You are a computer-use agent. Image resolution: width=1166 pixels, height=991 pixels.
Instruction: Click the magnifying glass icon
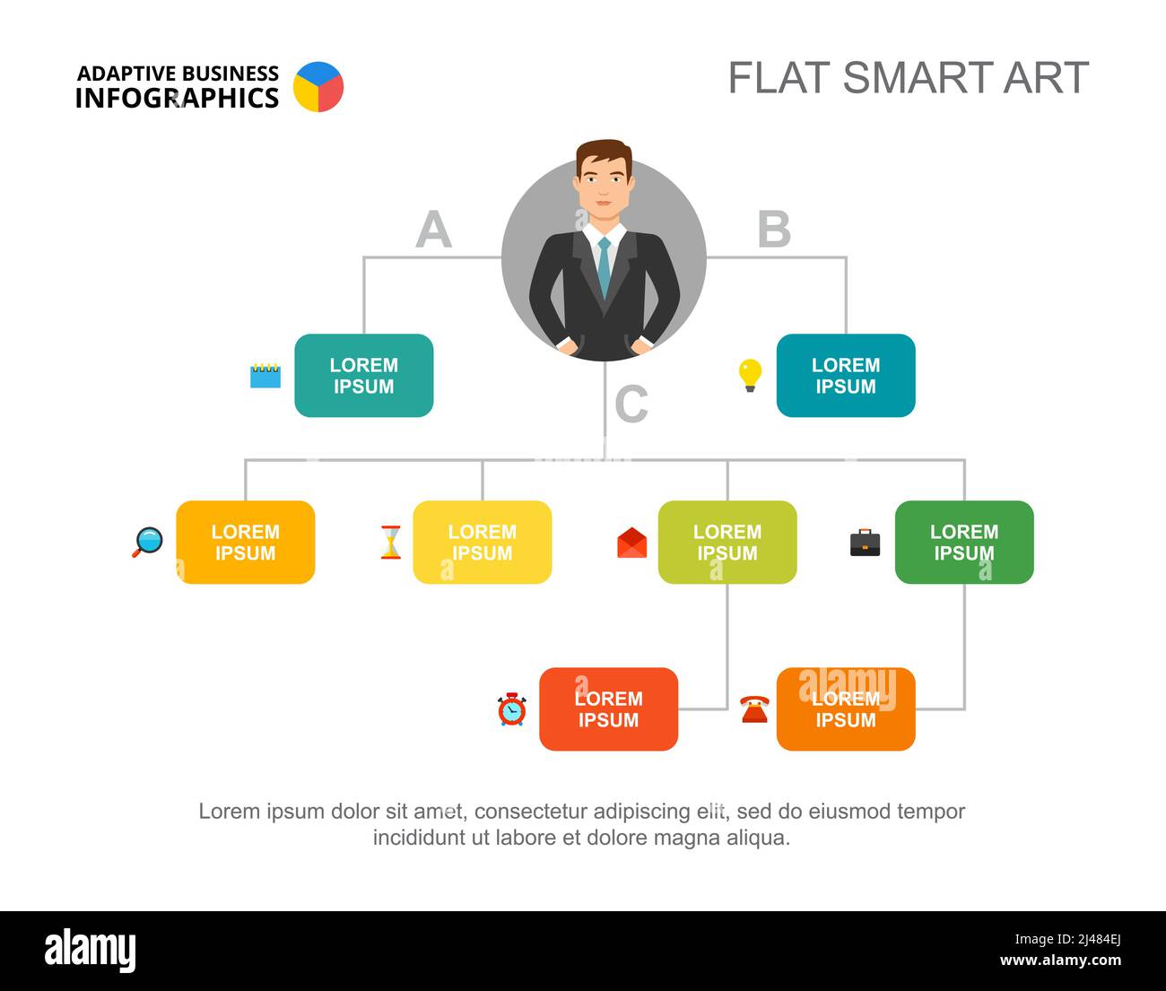148,542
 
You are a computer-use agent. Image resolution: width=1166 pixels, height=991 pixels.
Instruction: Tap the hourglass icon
390,542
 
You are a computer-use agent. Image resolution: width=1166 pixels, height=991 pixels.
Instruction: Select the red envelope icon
632,543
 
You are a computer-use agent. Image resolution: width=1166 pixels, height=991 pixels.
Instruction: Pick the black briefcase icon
866,543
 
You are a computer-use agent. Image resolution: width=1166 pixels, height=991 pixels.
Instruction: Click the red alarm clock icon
512,709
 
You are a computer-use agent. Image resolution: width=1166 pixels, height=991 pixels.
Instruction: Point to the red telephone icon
754,709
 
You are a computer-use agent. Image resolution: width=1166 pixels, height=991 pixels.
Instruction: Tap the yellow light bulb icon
750,375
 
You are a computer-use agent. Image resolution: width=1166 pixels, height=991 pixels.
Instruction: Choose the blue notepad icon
265,375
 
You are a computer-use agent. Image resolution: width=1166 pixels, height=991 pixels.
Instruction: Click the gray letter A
433,230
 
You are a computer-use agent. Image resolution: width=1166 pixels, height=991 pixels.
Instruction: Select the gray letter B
774,230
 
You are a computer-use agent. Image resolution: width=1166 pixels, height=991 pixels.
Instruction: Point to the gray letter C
631,404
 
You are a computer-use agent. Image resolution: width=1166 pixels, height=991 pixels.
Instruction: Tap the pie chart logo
318,87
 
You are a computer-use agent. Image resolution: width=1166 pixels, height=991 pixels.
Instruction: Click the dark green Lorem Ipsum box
964,543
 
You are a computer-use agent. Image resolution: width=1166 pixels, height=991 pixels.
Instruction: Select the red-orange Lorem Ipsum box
608,709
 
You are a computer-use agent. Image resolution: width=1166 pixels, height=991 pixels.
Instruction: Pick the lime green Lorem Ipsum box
727,543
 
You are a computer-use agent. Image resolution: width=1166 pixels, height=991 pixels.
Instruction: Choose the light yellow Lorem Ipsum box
483,543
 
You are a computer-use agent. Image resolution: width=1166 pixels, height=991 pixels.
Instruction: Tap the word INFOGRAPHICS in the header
177,99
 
